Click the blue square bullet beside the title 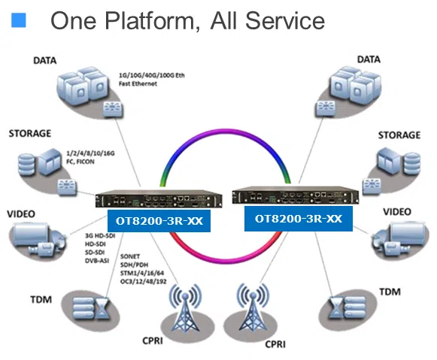click(19, 20)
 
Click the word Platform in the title click(153, 21)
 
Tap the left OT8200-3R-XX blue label click(159, 221)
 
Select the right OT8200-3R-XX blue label click(299, 219)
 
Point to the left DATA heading click(45, 60)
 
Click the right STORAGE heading click(399, 135)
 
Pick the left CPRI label click(153, 340)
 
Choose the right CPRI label click(275, 344)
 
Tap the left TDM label click(41, 300)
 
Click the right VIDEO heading click(397, 212)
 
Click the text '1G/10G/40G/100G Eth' click(152, 75)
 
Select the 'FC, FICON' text click(80, 162)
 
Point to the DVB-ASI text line click(97, 261)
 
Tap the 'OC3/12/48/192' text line click(143, 282)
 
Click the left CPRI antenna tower click(186, 307)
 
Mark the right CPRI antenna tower click(253, 307)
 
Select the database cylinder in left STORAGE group click(26, 164)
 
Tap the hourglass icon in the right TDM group click(335, 308)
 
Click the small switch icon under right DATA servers click(325, 108)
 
